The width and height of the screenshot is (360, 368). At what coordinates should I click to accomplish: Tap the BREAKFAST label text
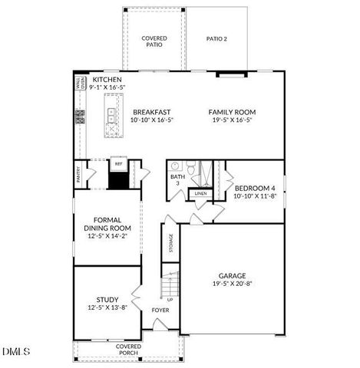150,112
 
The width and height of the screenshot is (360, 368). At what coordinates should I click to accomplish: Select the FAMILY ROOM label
231,112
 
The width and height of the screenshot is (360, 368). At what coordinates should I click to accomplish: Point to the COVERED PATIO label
154,41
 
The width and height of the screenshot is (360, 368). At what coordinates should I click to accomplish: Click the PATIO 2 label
220,38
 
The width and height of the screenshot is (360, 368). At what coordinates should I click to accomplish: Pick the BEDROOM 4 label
253,188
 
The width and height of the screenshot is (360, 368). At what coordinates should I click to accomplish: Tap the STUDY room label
107,300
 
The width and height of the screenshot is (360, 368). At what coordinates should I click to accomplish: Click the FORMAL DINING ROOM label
107,223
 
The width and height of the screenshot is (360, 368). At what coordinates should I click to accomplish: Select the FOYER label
160,310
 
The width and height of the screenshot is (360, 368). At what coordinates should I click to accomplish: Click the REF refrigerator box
118,164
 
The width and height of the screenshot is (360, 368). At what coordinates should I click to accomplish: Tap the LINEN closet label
200,194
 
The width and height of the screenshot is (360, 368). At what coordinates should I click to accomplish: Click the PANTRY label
79,176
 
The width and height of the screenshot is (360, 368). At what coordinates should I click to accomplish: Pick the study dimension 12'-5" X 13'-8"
107,308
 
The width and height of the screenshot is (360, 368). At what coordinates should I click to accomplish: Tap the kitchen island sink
111,116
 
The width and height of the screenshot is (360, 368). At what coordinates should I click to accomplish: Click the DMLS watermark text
16,352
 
